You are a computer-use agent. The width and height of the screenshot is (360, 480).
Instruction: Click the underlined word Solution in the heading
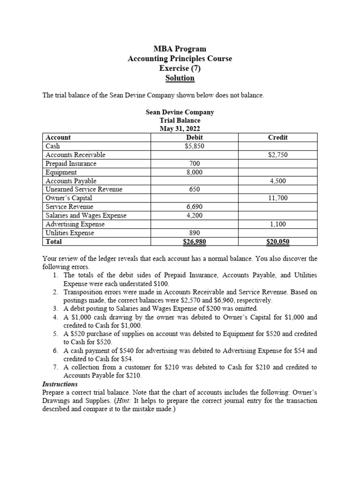(180, 78)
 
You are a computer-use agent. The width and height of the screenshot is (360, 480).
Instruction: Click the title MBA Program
(180, 49)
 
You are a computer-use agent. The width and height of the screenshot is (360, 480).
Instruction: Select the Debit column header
(195, 137)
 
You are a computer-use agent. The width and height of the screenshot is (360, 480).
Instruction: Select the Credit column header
(277, 137)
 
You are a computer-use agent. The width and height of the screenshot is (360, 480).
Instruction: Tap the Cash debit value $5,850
(195, 146)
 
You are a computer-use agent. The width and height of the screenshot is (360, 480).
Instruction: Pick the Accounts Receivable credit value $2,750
(277, 155)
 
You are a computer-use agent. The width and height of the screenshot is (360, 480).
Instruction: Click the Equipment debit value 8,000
(195, 172)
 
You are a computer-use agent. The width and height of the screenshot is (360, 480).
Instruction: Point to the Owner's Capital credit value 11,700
(277, 198)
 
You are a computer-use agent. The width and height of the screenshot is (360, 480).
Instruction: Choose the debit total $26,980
(195, 242)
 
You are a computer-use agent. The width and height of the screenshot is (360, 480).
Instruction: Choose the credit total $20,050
(277, 242)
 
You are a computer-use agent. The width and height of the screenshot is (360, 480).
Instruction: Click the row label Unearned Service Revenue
(83, 189)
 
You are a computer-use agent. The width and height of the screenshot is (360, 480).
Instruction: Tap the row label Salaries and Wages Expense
(86, 216)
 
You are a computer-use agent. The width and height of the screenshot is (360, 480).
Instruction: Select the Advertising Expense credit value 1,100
(277, 225)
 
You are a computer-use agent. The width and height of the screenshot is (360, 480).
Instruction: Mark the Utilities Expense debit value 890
(195, 233)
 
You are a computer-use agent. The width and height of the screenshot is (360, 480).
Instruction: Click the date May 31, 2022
(180, 129)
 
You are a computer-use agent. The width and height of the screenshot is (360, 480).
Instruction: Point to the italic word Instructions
(60, 384)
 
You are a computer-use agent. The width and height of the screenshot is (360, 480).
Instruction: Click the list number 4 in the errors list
(55, 317)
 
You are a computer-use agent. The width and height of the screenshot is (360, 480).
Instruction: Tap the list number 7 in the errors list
(55, 367)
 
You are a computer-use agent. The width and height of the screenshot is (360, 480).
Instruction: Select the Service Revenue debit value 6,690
(195, 207)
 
